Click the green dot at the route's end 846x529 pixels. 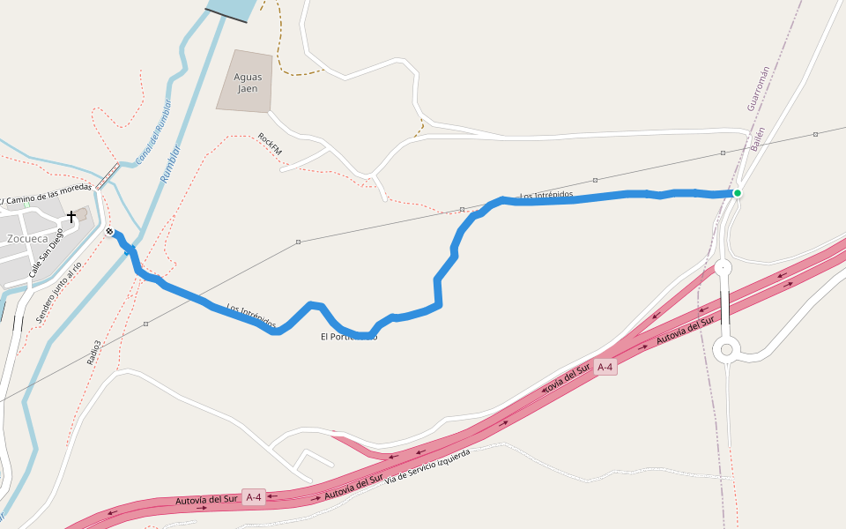(738, 193)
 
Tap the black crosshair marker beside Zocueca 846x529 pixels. (109, 232)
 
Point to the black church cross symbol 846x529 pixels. (71, 216)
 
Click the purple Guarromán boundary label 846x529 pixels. (758, 88)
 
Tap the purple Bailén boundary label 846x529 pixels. (756, 139)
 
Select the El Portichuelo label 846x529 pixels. (349, 337)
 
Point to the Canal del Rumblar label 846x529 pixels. (153, 132)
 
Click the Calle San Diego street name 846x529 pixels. (48, 254)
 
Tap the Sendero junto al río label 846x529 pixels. (59, 292)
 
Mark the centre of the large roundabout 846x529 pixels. (727, 349)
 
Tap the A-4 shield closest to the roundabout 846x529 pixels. (605, 367)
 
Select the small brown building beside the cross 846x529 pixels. (83, 213)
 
